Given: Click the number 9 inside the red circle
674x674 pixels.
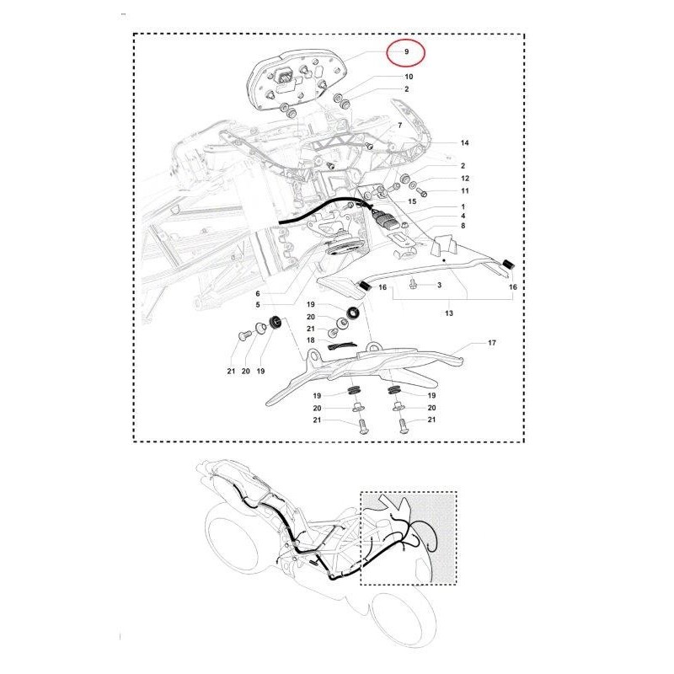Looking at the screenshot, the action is (406, 51).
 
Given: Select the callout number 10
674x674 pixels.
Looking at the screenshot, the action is (409, 77).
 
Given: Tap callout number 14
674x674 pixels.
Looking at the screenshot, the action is (465, 142).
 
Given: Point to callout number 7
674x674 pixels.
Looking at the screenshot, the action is (400, 126).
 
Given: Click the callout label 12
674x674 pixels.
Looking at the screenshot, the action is (465, 179).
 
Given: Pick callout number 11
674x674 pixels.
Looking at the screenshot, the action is (465, 191).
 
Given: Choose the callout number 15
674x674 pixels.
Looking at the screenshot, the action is (412, 201).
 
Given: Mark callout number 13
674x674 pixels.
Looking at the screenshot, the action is (449, 313).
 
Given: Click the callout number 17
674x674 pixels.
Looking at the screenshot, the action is (492, 343).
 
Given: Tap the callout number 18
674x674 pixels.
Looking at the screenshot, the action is (310, 340).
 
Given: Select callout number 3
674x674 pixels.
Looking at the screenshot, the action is (439, 285).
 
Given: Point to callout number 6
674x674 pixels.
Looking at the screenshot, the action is (258, 293).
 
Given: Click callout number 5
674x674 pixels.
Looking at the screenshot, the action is (258, 305).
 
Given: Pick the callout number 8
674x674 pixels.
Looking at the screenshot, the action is (463, 226).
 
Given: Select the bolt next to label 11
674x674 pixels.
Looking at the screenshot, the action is (422, 191).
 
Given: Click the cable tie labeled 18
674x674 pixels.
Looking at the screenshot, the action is (342, 346).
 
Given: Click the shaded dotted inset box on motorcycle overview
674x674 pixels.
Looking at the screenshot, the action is (409, 538).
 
